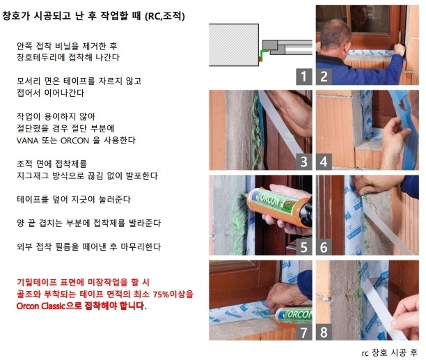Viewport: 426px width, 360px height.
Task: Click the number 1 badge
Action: pos(303,77)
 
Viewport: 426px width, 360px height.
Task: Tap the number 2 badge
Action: pos(324,77)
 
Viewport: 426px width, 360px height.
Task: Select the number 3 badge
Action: pos(303,162)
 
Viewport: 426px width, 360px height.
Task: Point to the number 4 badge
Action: pos(324,162)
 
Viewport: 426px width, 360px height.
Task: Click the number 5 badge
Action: pos(303,247)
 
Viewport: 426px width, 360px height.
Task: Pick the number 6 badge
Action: pos(324,247)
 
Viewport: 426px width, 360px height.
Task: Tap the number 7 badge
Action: pos(303,332)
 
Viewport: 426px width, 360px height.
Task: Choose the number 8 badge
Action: pos(324,332)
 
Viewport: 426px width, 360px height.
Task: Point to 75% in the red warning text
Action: pos(161,295)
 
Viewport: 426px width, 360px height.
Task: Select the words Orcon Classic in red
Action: pos(41,306)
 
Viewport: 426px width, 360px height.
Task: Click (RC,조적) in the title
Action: pos(165,16)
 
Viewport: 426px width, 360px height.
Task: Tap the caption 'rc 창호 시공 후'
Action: pos(390,352)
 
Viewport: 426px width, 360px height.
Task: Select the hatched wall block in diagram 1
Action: pos(234,45)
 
